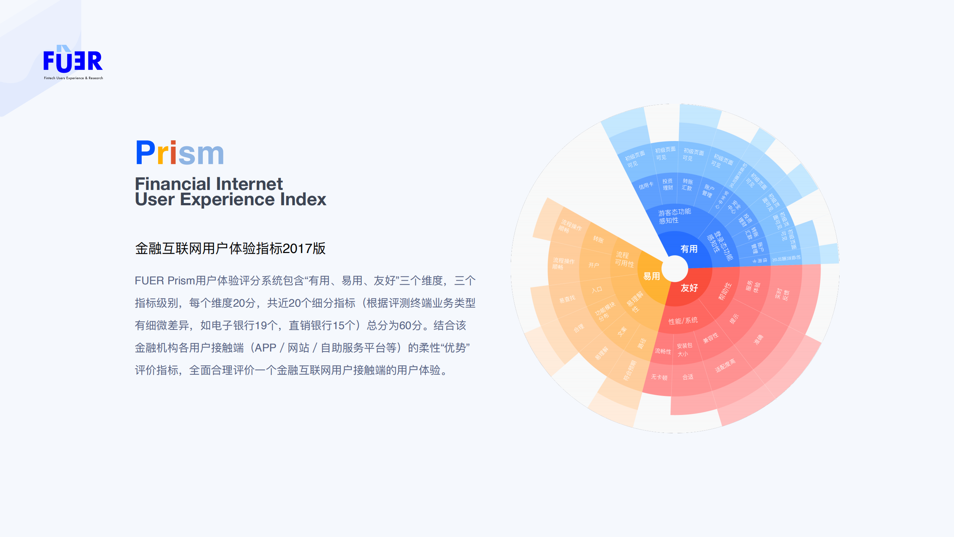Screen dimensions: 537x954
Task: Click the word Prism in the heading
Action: click(180, 153)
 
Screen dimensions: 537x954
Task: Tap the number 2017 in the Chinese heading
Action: click(297, 249)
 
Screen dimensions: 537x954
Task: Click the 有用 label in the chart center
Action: click(689, 249)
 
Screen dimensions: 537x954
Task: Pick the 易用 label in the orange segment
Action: click(651, 276)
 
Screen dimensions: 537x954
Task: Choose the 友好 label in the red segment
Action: click(689, 288)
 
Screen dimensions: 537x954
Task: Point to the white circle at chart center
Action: click(674, 268)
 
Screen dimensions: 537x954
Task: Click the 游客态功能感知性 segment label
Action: click(674, 216)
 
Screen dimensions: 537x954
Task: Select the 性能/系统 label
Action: click(683, 321)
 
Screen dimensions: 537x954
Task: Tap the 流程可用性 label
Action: click(623, 259)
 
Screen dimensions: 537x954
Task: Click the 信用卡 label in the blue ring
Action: click(646, 185)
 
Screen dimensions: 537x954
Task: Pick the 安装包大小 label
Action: click(684, 350)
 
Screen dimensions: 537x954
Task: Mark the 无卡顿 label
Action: click(659, 377)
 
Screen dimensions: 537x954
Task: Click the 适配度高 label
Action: click(725, 365)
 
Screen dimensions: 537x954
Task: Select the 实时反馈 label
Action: click(782, 294)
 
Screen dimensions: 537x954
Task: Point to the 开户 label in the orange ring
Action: click(594, 265)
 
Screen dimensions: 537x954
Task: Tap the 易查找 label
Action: click(567, 299)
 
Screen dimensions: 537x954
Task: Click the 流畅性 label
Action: click(662, 351)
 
